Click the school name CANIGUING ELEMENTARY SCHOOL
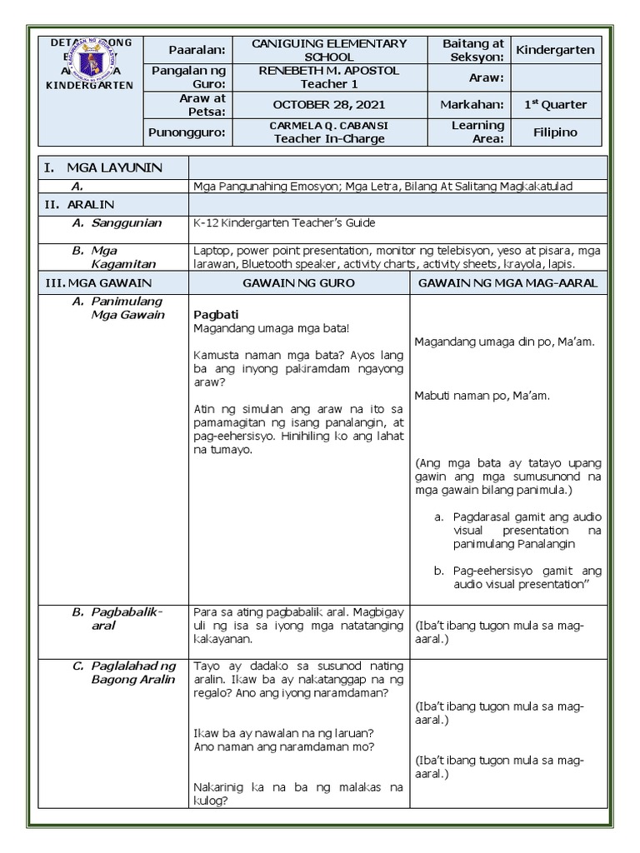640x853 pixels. [x=330, y=50]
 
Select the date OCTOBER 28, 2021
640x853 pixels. [x=330, y=104]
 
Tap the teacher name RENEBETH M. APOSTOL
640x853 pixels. [x=330, y=71]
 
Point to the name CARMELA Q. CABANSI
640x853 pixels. [x=330, y=126]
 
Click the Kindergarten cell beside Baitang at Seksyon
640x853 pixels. [x=555, y=50]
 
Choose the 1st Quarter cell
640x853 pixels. [x=555, y=104]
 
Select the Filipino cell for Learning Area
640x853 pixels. [x=555, y=132]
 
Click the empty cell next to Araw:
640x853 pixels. [x=555, y=77]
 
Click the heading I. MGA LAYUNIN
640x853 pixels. [x=103, y=167]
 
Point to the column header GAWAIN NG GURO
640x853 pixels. [x=298, y=283]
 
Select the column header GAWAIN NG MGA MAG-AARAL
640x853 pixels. [x=507, y=283]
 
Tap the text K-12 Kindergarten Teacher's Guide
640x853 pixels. [x=284, y=222]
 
